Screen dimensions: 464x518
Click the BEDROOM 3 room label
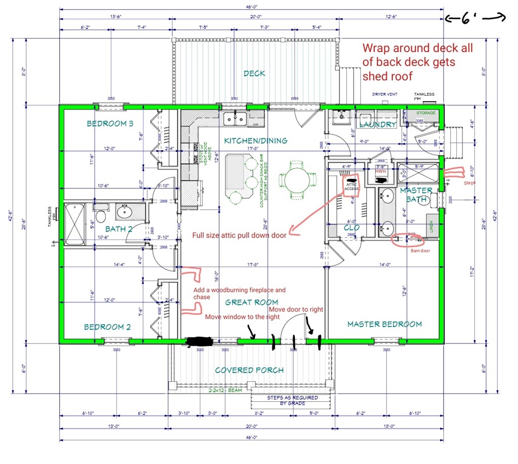(109, 123)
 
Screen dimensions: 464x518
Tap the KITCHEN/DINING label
(256, 140)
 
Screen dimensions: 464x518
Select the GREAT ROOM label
(251, 302)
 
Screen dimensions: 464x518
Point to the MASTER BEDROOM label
(384, 324)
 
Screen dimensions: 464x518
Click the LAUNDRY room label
(377, 125)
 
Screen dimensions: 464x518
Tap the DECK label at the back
(254, 73)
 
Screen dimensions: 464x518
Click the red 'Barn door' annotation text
(419, 250)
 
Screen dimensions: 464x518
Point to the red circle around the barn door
(407, 239)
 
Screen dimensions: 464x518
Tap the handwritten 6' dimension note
(475, 19)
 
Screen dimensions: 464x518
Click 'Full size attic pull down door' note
(239, 235)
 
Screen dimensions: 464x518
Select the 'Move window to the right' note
(242, 317)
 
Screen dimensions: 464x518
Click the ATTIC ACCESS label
(351, 186)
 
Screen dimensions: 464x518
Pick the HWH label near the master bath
(380, 171)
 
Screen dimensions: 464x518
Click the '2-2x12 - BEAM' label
(225, 391)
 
